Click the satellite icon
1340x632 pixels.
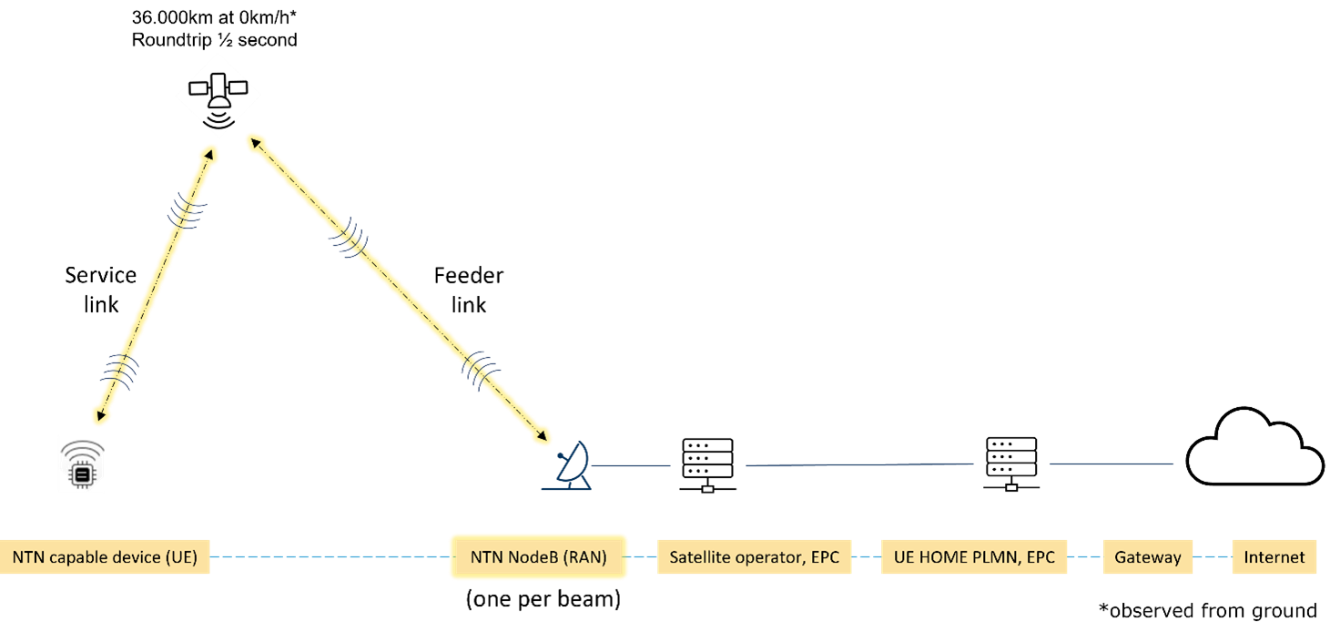tap(218, 95)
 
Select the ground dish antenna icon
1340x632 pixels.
tap(568, 467)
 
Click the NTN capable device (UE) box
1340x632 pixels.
tap(105, 557)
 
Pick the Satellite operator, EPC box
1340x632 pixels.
tap(754, 557)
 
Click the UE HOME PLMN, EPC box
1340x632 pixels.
tap(973, 557)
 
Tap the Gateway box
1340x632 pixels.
tap(1147, 557)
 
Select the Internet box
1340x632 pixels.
tap(1274, 557)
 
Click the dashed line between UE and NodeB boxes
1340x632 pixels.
tap(328, 557)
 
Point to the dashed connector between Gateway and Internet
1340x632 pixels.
tap(1212, 557)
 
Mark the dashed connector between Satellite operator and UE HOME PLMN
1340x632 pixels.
tap(866, 557)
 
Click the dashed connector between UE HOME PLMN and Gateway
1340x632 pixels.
tap(1084, 557)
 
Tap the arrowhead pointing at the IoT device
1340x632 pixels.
tap(99, 415)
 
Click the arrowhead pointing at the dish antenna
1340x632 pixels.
tap(542, 436)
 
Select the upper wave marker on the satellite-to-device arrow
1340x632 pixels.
tap(186, 214)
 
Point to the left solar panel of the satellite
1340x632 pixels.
tap(198, 88)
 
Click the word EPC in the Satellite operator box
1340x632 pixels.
tap(822, 557)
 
